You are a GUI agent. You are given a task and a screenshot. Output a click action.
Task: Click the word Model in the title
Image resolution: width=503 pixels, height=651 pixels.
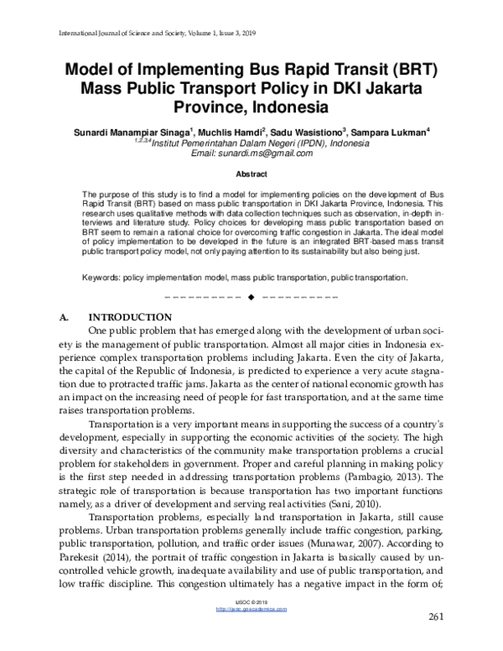tap(94, 70)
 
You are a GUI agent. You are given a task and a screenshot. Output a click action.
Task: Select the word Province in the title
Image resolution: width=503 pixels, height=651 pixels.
tap(212, 107)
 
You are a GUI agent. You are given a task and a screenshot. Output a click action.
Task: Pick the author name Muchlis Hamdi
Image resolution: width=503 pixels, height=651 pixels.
tap(231, 133)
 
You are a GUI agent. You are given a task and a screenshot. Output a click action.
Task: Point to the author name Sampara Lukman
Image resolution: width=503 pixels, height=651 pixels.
tap(387, 133)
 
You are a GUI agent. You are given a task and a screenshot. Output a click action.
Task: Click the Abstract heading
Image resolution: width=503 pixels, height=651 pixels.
tap(251, 174)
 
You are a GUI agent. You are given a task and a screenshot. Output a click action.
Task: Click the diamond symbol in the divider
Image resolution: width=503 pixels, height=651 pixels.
tap(251, 298)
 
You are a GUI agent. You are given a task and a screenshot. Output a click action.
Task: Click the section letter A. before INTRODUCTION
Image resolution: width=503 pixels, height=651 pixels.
tap(65, 317)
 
